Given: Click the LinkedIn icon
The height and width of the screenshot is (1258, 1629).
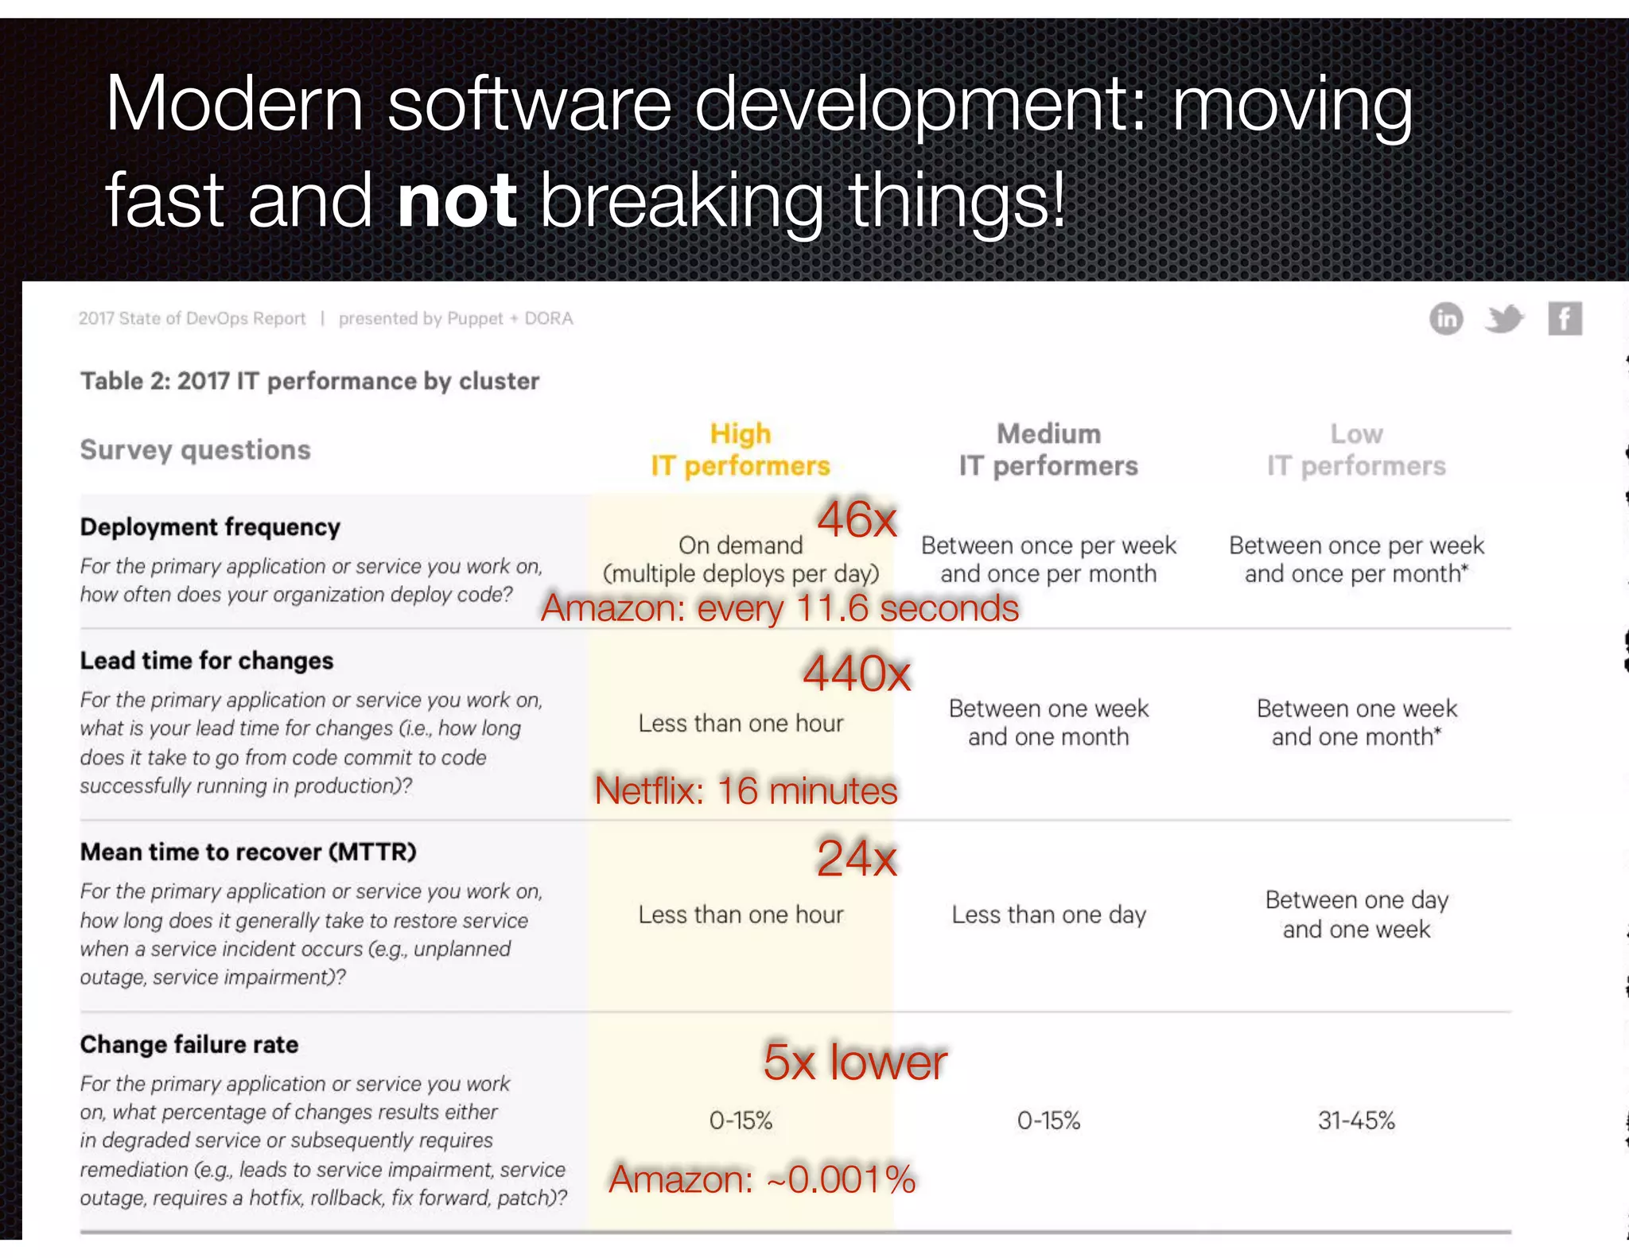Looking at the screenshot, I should tap(1445, 319).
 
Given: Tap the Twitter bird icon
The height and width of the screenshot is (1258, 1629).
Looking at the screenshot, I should tap(1504, 319).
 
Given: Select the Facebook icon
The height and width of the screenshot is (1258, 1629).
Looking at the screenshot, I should tap(1564, 319).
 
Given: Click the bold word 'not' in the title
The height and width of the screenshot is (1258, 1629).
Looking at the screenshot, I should tap(457, 200).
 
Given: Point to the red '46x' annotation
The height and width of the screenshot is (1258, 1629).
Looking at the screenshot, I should tap(857, 520).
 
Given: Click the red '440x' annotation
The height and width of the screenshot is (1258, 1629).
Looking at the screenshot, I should tap(857, 674).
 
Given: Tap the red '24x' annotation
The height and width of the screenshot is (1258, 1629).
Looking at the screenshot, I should tap(857, 858).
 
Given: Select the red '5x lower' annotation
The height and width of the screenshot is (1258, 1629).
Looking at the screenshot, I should tap(855, 1062).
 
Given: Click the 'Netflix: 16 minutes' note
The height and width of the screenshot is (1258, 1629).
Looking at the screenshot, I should tap(745, 790).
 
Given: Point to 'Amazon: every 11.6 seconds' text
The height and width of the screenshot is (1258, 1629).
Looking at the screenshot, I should tap(780, 608).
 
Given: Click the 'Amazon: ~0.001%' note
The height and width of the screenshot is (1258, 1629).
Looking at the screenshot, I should tap(762, 1178).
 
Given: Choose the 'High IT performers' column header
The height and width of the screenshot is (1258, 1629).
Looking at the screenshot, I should tap(740, 450).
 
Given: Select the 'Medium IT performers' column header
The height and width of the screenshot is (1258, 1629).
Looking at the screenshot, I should tap(1048, 450).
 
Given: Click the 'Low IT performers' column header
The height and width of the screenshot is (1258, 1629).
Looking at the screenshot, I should tap(1356, 450).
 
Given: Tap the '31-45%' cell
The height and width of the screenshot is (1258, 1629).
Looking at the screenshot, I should tap(1356, 1120).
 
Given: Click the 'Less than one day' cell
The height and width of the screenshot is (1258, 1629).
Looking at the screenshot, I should tap(1048, 914).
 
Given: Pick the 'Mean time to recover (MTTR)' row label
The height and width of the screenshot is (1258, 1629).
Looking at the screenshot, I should tap(248, 852).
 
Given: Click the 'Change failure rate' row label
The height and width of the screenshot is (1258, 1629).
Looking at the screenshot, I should tap(189, 1044).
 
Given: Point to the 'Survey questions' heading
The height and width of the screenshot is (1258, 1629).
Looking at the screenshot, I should tap(196, 450).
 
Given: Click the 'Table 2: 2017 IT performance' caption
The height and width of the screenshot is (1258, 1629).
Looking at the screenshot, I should tap(309, 381).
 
